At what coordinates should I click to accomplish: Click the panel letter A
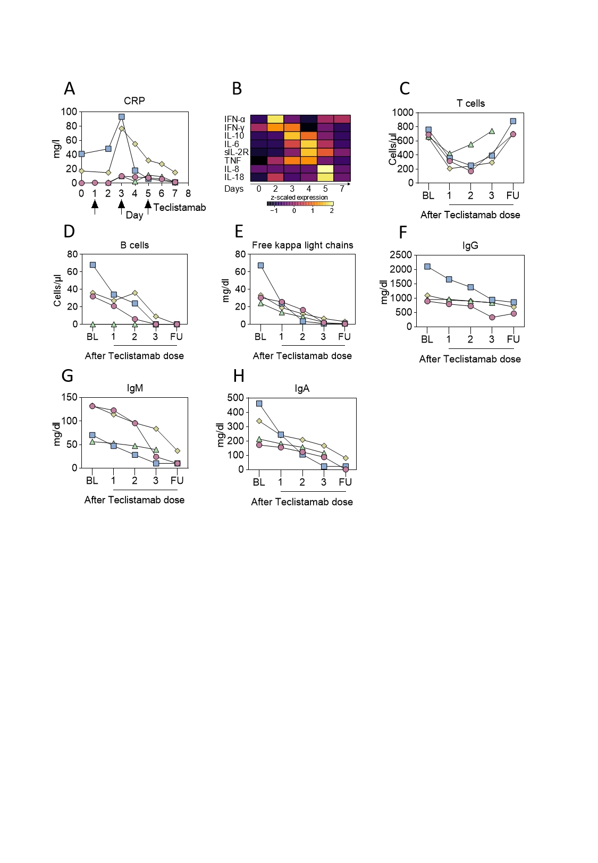(69, 89)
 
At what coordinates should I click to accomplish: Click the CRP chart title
(134, 101)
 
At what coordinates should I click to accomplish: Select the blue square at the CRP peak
(122, 117)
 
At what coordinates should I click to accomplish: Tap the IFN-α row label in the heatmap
(234, 119)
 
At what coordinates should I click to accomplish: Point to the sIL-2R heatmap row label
(236, 152)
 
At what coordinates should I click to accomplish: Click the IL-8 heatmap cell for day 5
(325, 169)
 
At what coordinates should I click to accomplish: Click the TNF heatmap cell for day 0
(259, 160)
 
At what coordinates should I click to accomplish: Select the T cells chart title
(470, 104)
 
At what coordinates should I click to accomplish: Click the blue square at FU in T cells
(513, 121)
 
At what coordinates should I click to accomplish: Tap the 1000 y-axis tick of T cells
(402, 113)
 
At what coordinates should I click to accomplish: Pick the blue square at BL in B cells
(92, 264)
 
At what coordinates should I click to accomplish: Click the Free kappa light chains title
(302, 245)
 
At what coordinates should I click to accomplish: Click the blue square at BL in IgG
(427, 267)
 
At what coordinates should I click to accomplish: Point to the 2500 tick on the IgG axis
(401, 255)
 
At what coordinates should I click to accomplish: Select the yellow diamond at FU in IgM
(177, 451)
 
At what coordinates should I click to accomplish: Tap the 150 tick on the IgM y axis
(69, 397)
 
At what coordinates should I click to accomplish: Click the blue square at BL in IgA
(259, 404)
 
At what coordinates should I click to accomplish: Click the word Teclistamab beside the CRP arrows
(180, 208)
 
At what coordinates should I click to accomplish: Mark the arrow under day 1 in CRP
(95, 207)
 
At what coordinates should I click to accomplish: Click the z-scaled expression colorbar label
(299, 198)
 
